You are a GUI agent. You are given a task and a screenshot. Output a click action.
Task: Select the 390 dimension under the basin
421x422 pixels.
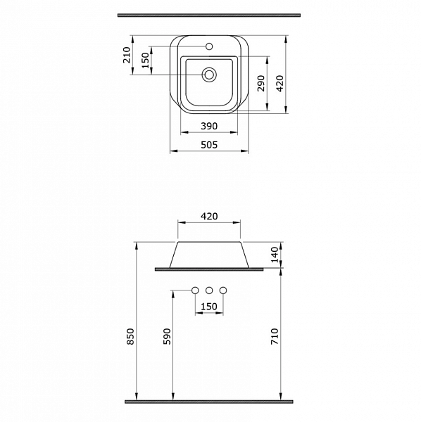point(209,126)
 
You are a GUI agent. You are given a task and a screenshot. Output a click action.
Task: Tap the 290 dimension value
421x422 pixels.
point(260,84)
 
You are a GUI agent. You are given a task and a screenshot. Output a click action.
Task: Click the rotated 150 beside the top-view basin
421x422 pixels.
point(146,60)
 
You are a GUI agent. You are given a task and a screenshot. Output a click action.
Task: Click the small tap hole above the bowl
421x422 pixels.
point(209,47)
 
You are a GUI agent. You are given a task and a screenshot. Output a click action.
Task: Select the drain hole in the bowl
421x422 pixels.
point(209,74)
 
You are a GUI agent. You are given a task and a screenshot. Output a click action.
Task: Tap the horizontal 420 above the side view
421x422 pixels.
point(209,216)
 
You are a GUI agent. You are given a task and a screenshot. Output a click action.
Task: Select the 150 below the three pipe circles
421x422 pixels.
point(209,306)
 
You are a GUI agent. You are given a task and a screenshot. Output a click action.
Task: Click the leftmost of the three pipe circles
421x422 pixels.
point(195,290)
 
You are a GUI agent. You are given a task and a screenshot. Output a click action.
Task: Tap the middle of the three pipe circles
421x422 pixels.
point(209,290)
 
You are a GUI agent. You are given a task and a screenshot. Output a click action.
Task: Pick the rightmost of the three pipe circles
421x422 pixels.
point(223,290)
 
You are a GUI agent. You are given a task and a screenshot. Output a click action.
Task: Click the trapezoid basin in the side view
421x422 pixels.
point(209,254)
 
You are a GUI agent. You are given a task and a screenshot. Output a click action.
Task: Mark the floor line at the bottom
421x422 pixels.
point(209,402)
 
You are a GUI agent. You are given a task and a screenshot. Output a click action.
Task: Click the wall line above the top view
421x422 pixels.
point(209,13)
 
